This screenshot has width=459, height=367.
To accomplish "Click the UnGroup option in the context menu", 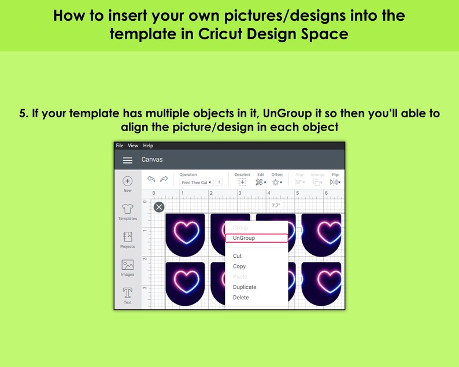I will pyautogui.click(x=244, y=238).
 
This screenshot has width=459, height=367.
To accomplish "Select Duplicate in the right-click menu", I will pyautogui.click(x=245, y=287).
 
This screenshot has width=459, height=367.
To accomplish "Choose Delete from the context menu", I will pyautogui.click(x=241, y=298).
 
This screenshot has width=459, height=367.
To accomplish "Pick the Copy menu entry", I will pyautogui.click(x=239, y=266).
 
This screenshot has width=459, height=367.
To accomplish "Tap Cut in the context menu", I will pyautogui.click(x=237, y=256).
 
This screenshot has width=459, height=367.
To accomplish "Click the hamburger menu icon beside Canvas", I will pyautogui.click(x=128, y=160).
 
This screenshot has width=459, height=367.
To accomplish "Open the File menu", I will pyautogui.click(x=120, y=146).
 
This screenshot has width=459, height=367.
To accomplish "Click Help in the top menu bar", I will pyautogui.click(x=148, y=146).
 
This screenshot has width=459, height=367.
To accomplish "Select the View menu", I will pyautogui.click(x=133, y=146).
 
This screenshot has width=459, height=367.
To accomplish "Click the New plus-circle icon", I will pyautogui.click(x=128, y=181).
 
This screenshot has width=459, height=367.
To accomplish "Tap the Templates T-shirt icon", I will pyautogui.click(x=128, y=209).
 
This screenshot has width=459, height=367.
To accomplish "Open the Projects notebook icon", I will pyautogui.click(x=128, y=237).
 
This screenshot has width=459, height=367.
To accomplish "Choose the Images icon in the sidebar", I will pyautogui.click(x=128, y=265).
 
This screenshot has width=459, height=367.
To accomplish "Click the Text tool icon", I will pyautogui.click(x=128, y=293).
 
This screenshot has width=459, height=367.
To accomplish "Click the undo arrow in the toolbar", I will pyautogui.click(x=151, y=179).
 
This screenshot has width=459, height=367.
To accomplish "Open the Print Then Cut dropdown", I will pyautogui.click(x=196, y=183).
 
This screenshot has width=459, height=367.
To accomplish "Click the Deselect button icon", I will pyautogui.click(x=242, y=182).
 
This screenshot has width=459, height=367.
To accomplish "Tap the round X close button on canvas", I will pyautogui.click(x=159, y=207).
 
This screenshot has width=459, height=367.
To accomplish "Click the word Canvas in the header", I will pyautogui.click(x=152, y=160).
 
